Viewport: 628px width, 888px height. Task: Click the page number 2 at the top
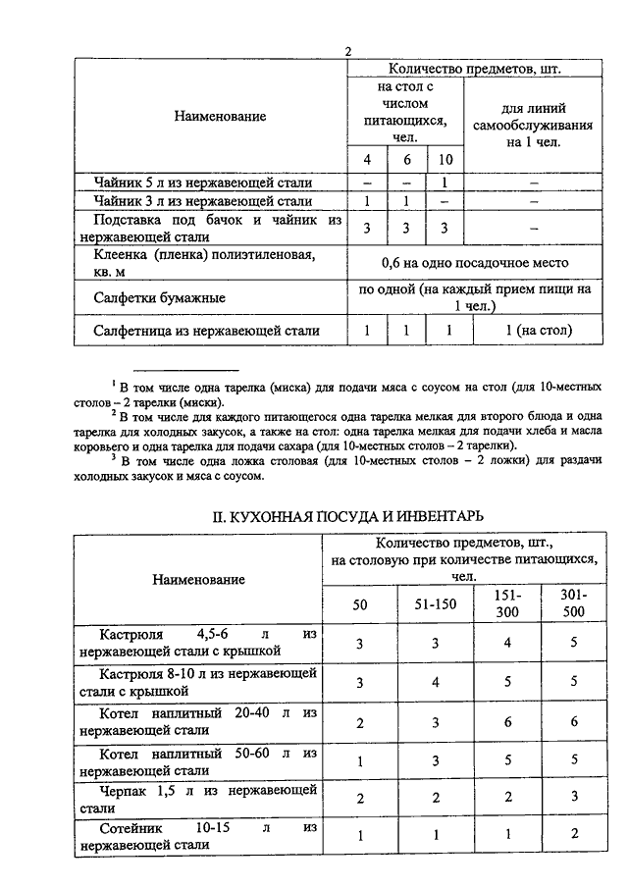coord(347,51)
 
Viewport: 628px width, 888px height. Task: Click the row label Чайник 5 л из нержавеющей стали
coord(204,183)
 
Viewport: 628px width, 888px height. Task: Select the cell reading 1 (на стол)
coord(539,332)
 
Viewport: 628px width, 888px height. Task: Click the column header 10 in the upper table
coord(445,160)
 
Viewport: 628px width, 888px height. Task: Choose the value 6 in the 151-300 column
coord(506,722)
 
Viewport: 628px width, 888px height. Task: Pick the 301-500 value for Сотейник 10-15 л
coord(572,835)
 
